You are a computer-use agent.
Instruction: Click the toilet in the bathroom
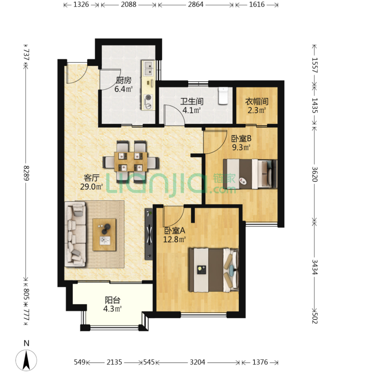click(223, 96)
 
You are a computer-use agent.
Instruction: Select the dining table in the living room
click(131, 162)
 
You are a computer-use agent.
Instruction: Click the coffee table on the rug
click(104, 235)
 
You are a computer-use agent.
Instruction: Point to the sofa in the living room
click(75, 234)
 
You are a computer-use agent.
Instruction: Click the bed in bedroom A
click(214, 270)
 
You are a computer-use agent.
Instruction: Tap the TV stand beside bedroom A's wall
click(149, 234)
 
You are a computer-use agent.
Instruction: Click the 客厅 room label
click(91, 178)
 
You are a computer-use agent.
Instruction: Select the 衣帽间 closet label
click(257, 101)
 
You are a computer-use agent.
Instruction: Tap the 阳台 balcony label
click(112, 300)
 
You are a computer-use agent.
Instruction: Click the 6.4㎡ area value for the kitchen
click(124, 89)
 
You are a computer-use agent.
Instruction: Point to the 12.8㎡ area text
click(174, 239)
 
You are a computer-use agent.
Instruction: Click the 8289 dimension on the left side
click(26, 173)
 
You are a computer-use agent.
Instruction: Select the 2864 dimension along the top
click(195, 4)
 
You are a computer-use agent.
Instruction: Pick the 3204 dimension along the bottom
click(197, 362)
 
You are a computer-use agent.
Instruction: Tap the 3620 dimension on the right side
click(315, 174)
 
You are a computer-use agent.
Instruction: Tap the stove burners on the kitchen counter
click(148, 102)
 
